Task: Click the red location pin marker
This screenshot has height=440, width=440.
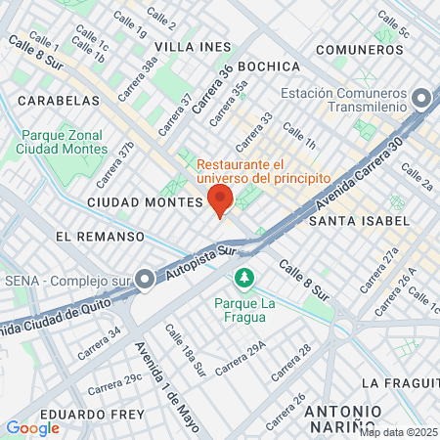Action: pos(220,199)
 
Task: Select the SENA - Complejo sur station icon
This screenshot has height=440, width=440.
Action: pos(145,281)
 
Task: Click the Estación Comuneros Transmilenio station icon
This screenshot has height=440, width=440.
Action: pos(421,100)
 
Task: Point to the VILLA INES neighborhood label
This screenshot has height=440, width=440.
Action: pos(194,47)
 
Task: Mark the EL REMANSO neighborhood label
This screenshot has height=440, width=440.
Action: pos(100,237)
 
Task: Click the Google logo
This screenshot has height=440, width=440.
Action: pos(32,428)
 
